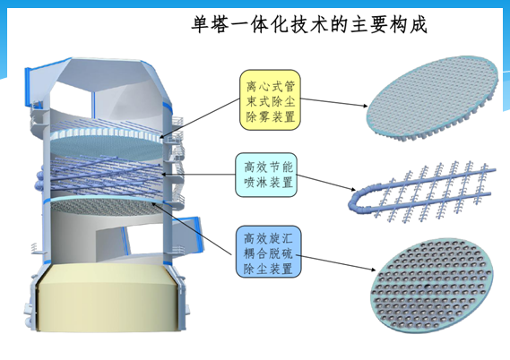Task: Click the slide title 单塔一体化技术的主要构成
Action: coord(309,25)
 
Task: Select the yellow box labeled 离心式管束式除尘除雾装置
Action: coord(270,100)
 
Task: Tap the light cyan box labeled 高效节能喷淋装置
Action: coord(266,176)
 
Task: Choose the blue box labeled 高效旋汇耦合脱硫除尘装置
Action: coord(268,252)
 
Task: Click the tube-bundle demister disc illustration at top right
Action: coord(433,98)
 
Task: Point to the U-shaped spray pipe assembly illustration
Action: coord(421,193)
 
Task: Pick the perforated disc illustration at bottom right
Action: coord(432,285)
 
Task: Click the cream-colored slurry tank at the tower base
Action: coord(108,297)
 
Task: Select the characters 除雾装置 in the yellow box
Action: coord(271,116)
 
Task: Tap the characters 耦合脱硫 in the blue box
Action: coord(268,253)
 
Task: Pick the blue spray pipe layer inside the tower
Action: coord(104,176)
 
